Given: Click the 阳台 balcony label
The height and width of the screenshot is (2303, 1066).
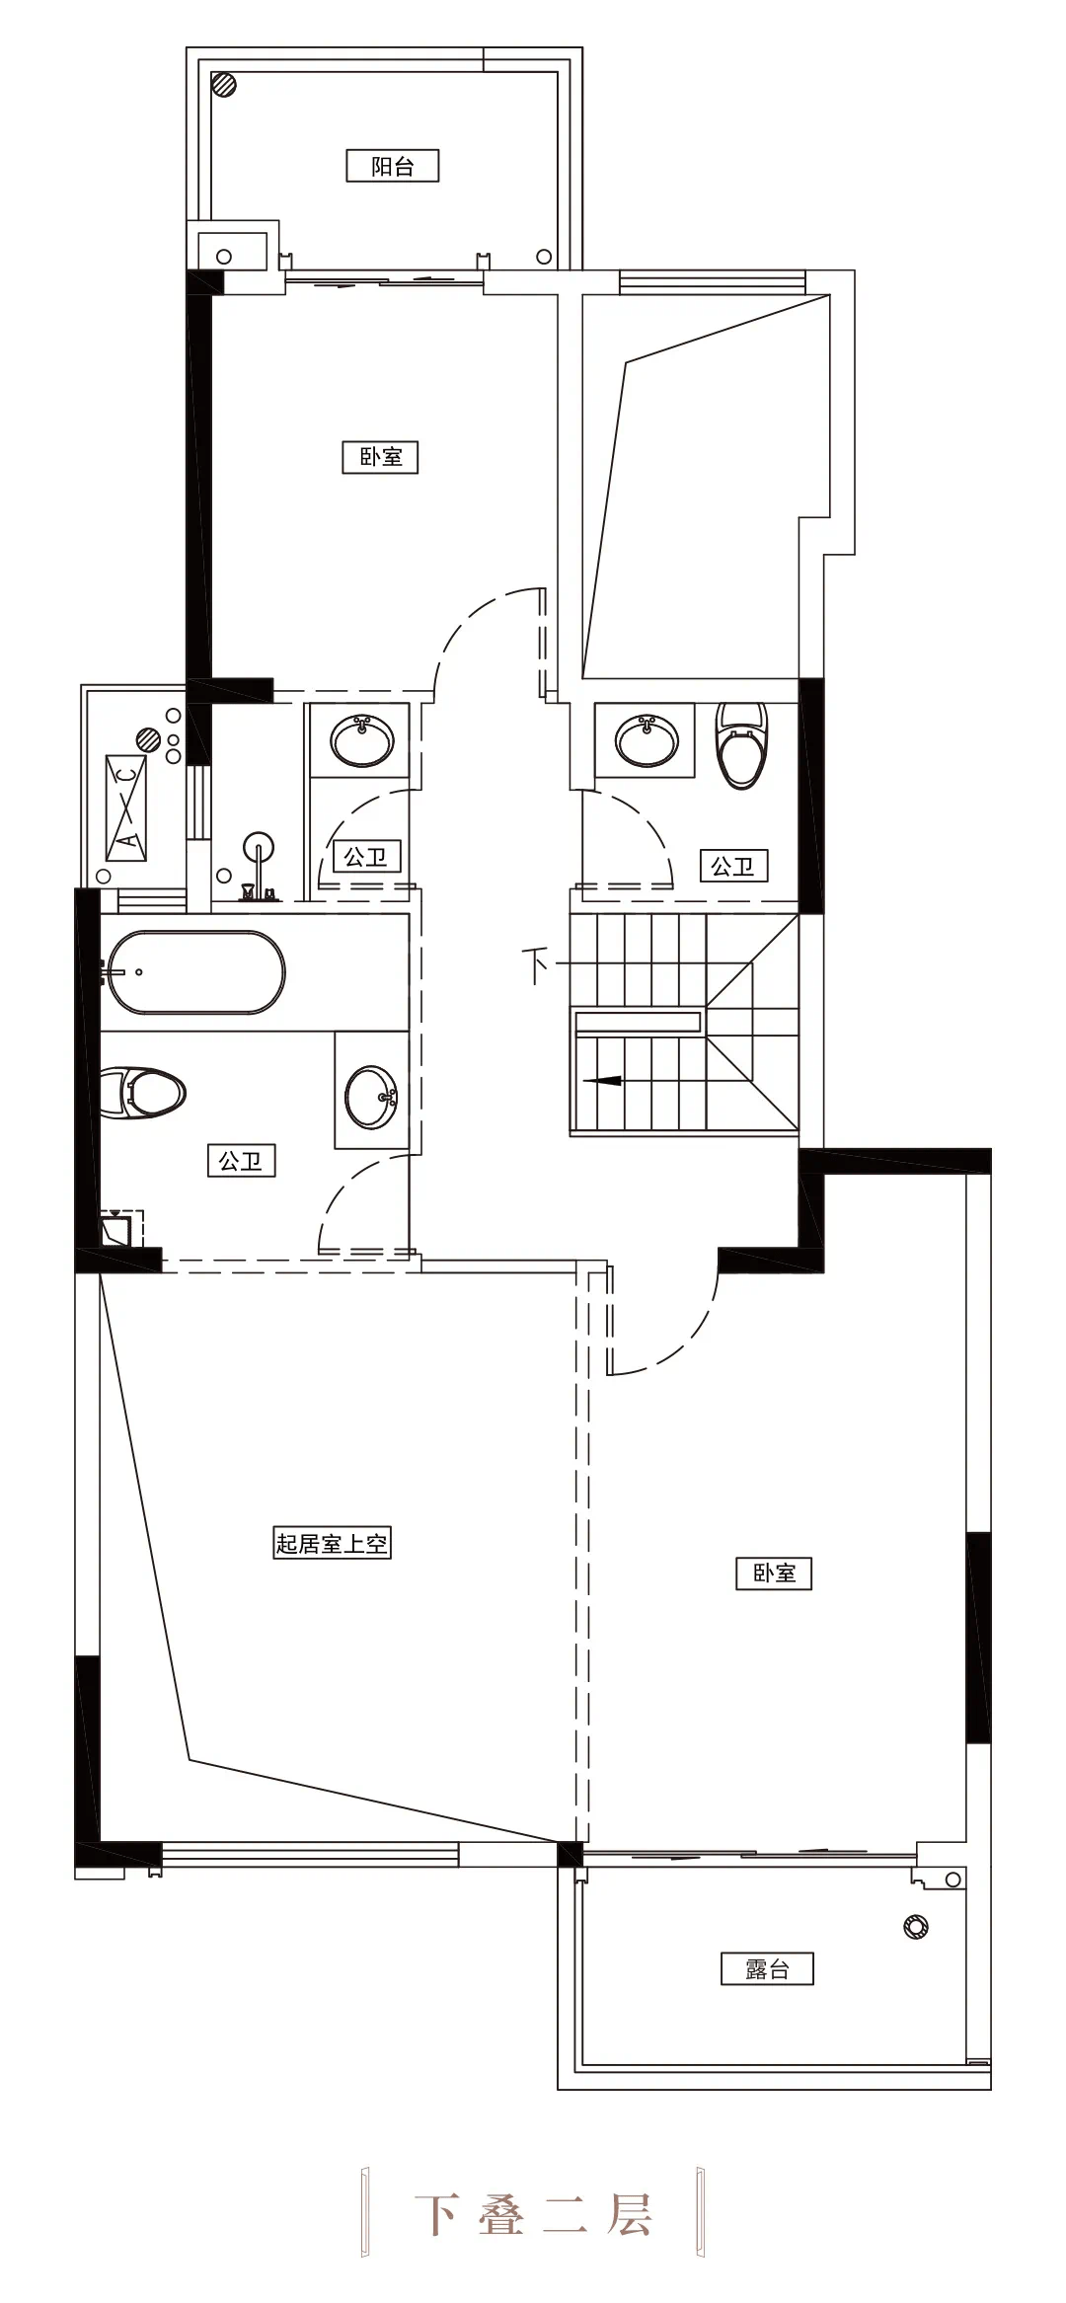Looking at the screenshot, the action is [392, 166].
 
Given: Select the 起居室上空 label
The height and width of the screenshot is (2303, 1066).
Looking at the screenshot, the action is [332, 1542].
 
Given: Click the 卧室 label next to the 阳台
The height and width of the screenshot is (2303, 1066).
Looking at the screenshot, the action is [380, 457].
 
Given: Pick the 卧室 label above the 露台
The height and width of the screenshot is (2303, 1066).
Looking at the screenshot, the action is [774, 1573].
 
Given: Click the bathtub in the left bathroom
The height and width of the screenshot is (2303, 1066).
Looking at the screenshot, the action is [196, 971].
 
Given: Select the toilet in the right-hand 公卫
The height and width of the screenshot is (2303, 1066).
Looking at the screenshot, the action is [741, 744].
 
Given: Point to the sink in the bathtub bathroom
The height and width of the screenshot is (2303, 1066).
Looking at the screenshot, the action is [371, 1096].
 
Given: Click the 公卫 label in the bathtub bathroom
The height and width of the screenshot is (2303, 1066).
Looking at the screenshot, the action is [241, 1161].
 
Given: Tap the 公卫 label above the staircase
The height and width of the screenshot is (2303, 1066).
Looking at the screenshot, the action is [733, 866].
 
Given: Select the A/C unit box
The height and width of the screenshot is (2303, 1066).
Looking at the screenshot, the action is [125, 807].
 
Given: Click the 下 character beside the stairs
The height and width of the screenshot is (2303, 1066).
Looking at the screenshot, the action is [536, 964].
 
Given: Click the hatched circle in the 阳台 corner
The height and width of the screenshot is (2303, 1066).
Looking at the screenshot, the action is [225, 84].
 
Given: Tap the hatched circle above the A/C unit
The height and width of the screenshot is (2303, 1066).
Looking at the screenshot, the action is [148, 737].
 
